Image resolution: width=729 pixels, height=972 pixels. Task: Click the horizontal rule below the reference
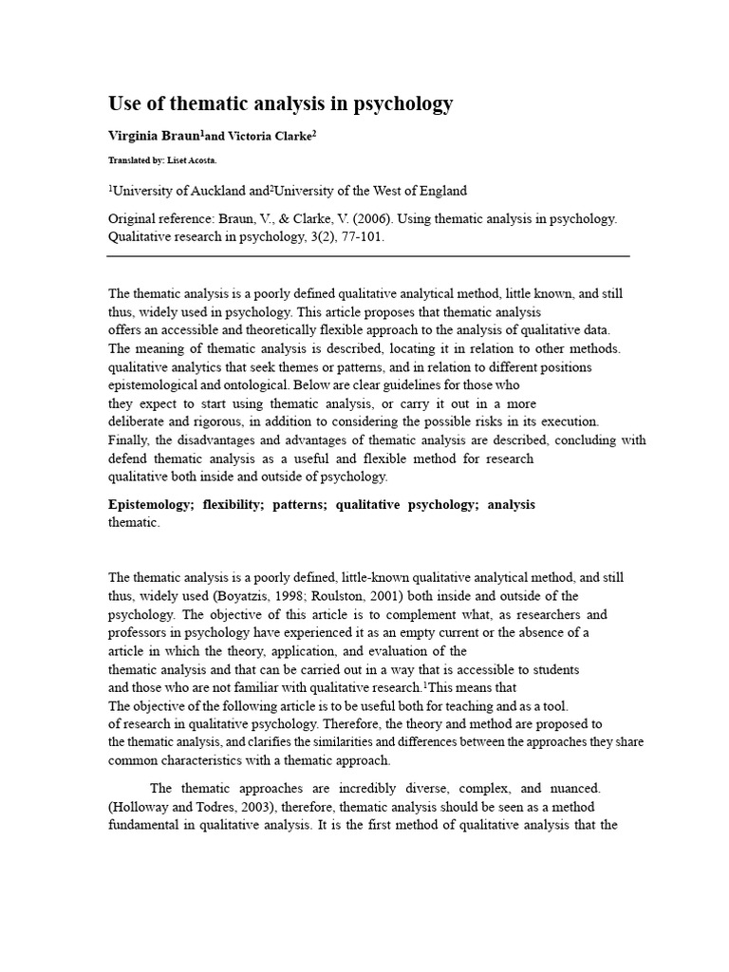(368, 256)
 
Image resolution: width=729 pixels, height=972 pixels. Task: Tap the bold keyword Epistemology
(148, 505)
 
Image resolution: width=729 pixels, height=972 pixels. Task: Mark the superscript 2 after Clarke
(313, 133)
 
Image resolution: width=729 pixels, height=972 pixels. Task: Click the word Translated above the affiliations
(130, 160)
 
